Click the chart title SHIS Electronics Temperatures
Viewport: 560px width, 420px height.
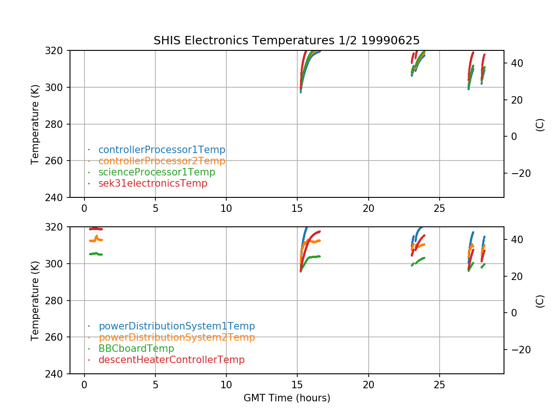click(287, 41)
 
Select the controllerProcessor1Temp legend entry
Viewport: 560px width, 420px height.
click(161, 150)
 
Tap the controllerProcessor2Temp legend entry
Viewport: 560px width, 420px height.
click(161, 161)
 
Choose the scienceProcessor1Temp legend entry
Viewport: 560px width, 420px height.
click(156, 172)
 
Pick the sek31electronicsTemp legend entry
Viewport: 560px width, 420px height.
click(153, 183)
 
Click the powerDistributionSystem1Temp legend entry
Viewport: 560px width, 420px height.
click(176, 326)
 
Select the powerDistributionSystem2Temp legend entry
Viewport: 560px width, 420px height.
click(176, 337)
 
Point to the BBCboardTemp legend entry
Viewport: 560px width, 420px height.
click(136, 349)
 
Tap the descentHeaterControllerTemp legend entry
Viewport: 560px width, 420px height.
click(171, 360)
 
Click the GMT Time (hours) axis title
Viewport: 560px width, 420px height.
click(287, 398)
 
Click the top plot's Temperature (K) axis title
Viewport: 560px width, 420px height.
click(35, 124)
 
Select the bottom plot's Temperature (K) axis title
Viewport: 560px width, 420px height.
click(35, 300)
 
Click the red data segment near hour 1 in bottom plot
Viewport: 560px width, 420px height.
click(96, 229)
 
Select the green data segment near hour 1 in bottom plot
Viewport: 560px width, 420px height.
click(96, 254)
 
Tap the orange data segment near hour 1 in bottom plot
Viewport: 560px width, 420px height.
click(96, 239)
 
